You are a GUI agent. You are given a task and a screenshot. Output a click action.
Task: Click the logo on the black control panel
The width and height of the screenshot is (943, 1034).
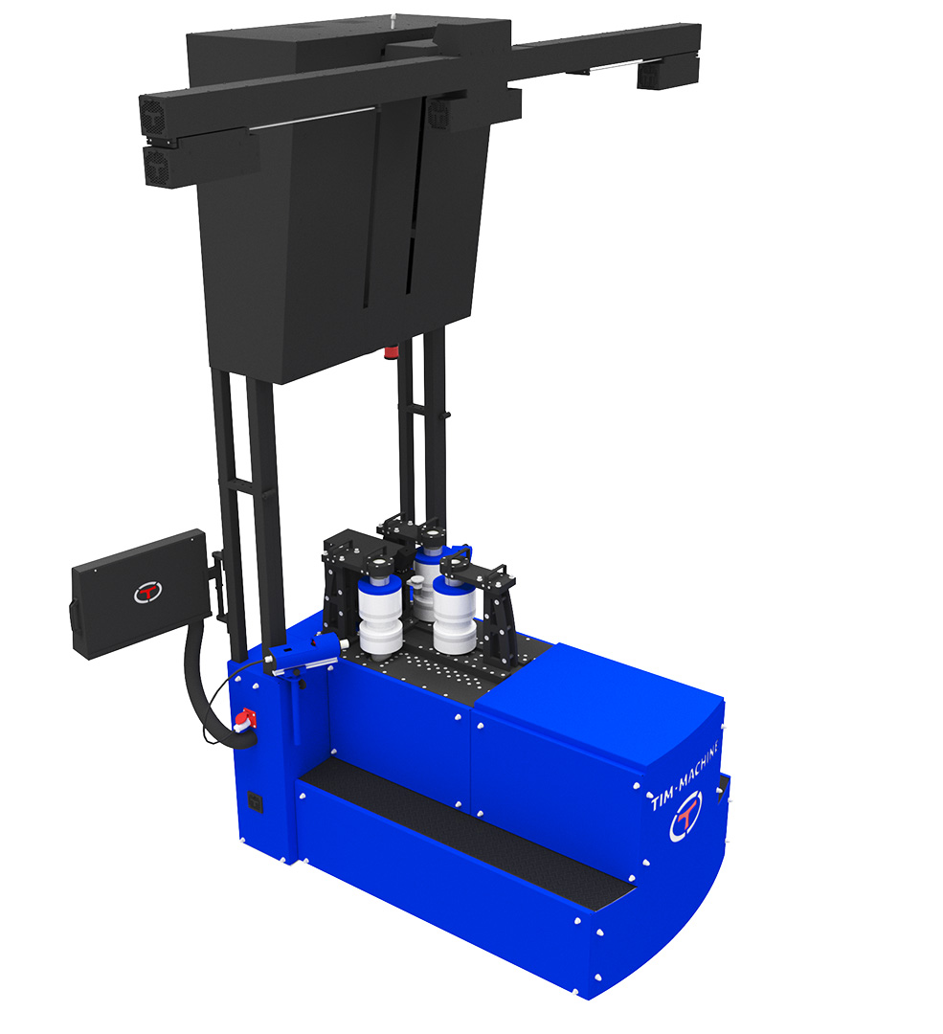(147, 591)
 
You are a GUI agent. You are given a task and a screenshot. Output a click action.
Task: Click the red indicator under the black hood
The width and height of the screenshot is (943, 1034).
(391, 350)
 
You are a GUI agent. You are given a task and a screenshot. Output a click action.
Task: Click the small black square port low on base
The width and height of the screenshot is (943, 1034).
(256, 802)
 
